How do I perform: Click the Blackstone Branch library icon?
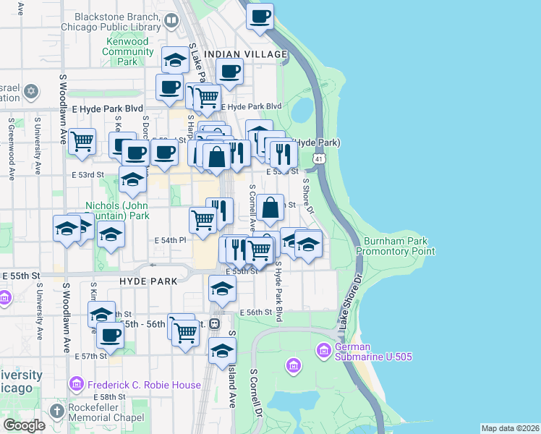(171, 20)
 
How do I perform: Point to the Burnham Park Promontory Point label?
(395, 246)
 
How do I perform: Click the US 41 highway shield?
(318, 158)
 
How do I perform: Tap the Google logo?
(24, 425)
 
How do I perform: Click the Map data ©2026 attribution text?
(510, 428)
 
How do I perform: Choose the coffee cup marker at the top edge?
(260, 15)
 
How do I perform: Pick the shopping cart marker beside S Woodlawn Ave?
(82, 140)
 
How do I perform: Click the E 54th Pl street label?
(171, 240)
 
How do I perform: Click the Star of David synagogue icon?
(30, 92)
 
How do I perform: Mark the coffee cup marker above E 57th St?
(111, 335)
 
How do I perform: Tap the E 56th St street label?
(257, 312)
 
